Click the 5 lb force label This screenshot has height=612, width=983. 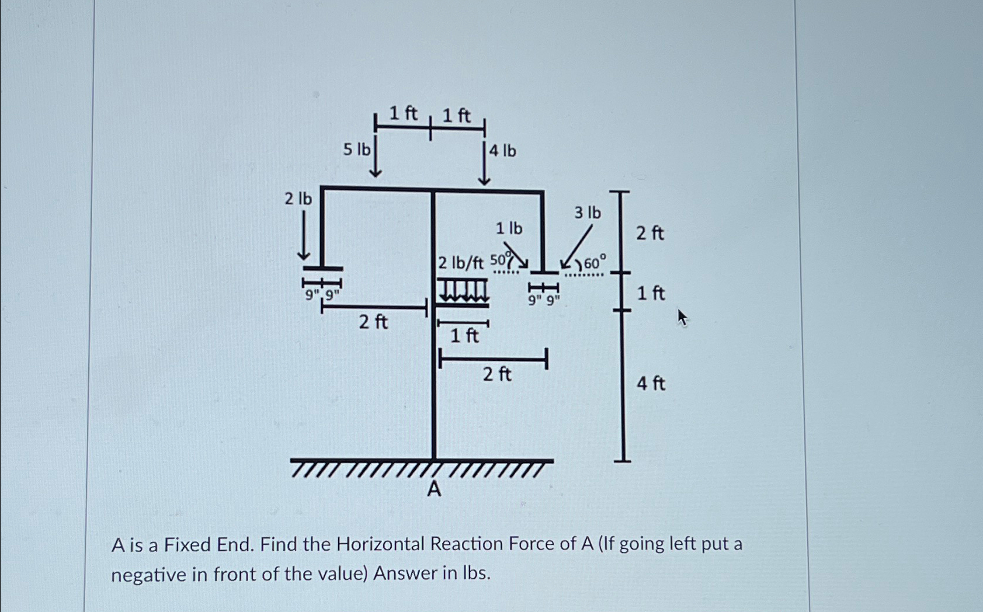click(x=356, y=149)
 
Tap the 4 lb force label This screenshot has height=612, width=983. click(x=502, y=151)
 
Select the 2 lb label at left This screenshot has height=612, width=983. click(x=298, y=199)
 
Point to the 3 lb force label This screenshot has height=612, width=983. click(x=587, y=213)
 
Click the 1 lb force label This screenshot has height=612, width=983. click(x=509, y=228)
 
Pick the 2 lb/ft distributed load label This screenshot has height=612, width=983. click(x=461, y=263)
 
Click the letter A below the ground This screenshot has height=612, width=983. click(x=433, y=489)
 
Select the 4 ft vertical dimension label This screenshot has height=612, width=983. click(x=651, y=384)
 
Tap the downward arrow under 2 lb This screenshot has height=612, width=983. click(x=303, y=237)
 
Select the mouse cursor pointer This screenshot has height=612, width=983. click(x=682, y=318)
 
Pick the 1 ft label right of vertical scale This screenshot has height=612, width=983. click(x=651, y=293)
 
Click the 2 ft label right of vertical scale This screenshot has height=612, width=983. click(x=649, y=234)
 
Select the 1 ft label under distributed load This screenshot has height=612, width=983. click(x=464, y=336)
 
